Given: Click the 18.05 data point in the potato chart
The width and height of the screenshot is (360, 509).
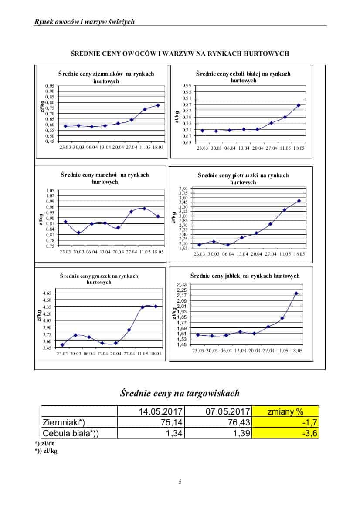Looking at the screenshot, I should [158, 105].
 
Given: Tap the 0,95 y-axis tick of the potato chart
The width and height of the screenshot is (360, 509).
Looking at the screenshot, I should [50, 86].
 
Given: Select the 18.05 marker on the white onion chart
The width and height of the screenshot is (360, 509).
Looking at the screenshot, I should [299, 105].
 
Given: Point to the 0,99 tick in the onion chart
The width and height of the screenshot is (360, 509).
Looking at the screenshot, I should [187, 86].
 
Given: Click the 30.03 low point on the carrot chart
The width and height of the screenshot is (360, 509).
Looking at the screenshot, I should [78, 233].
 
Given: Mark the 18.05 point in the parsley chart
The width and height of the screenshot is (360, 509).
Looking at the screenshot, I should [299, 201].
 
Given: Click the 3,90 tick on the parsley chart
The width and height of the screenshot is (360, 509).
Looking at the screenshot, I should [183, 188].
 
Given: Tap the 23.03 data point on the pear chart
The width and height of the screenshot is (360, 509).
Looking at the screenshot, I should [62, 345].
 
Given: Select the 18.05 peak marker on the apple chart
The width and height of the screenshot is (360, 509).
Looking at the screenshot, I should [296, 293].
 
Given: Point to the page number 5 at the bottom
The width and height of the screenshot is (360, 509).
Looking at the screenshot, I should [180, 482].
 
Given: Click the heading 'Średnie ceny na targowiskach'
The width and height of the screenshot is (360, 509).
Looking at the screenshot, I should [180, 393].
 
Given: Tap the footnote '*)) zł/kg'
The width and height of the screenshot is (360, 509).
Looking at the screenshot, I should [46, 451].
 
